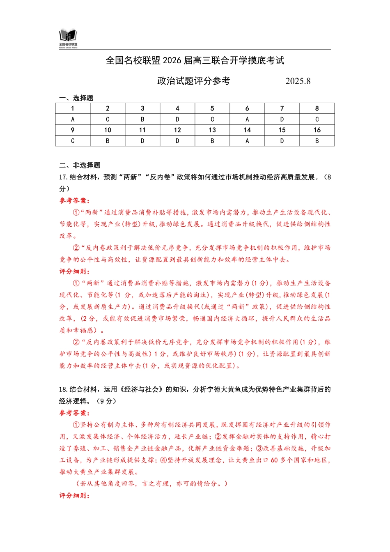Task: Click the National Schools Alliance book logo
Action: click(x=68, y=36)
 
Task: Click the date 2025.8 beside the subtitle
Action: click(x=298, y=81)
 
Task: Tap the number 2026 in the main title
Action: click(x=172, y=61)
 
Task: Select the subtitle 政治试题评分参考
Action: click(x=194, y=81)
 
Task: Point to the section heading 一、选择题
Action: click(x=76, y=98)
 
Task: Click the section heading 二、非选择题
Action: click(x=80, y=165)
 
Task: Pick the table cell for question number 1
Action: click(x=73, y=108)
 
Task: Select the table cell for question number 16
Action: click(x=317, y=130)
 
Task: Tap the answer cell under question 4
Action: click(x=177, y=120)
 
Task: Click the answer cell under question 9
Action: click(x=73, y=141)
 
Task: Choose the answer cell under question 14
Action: click(x=247, y=141)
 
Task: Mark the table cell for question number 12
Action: click(x=177, y=130)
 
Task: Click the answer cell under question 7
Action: click(x=282, y=120)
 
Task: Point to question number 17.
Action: click(x=64, y=177)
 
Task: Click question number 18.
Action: click(x=64, y=389)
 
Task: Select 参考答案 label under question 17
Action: click(x=74, y=201)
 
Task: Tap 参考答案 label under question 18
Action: click(x=74, y=413)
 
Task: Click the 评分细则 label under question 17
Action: click(x=74, y=271)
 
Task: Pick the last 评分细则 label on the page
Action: click(x=74, y=496)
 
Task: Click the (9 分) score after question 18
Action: click(x=106, y=401)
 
